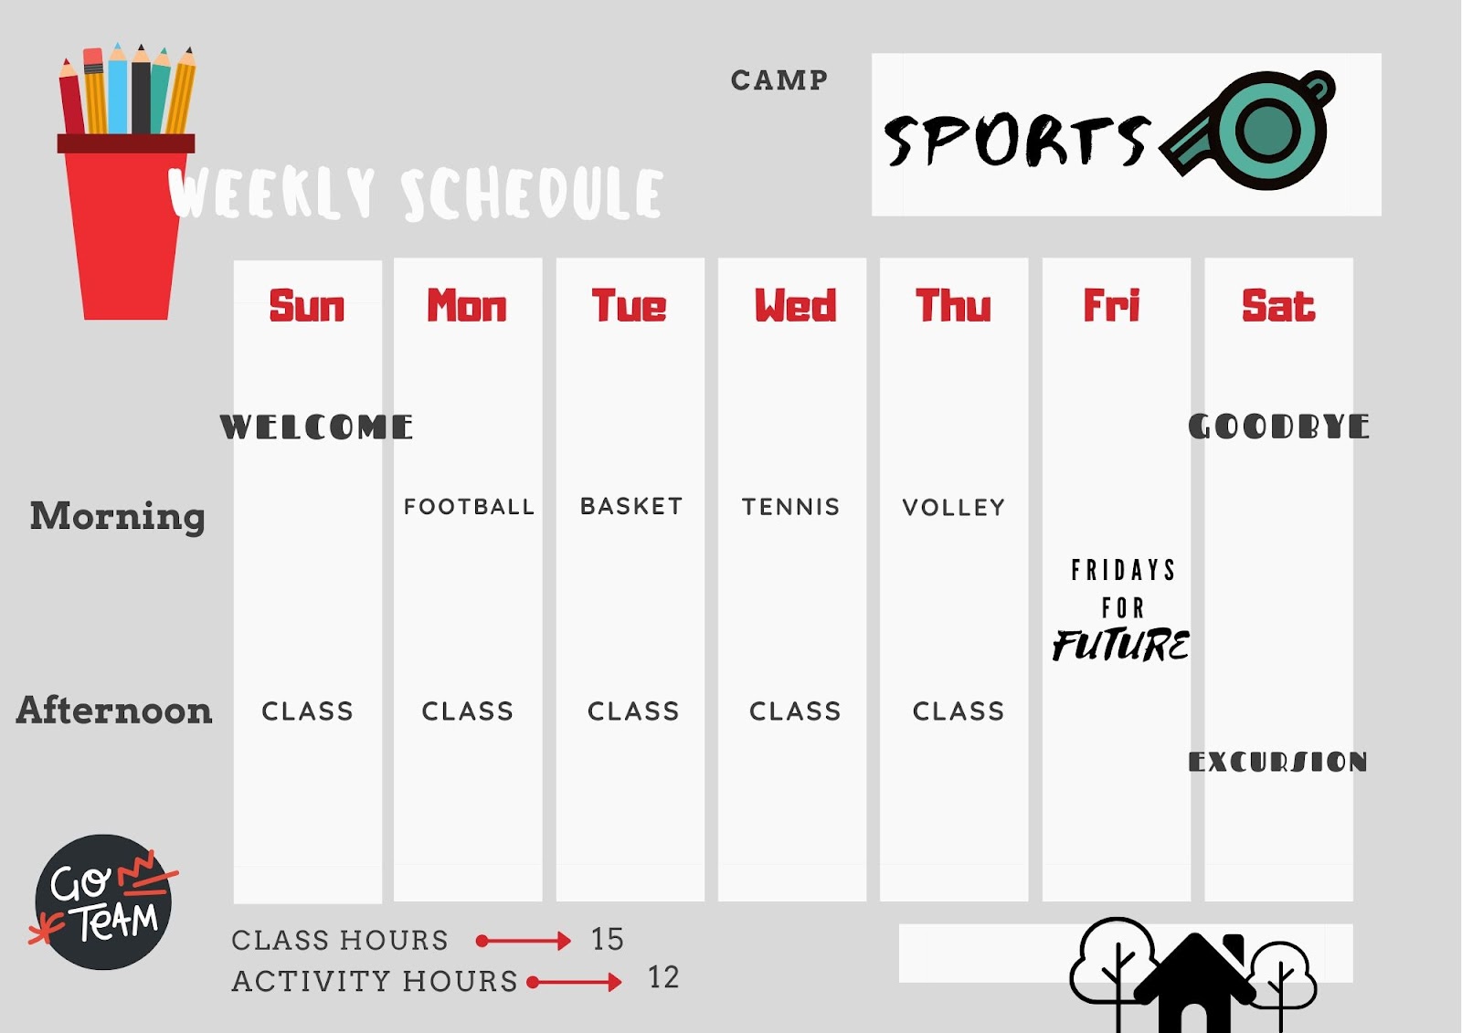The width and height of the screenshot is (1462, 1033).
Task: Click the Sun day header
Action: click(x=306, y=305)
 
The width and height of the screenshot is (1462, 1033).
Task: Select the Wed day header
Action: click(x=795, y=305)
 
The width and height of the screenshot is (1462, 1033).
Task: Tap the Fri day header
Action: click(x=1111, y=305)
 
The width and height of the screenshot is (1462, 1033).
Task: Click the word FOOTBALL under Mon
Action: click(x=469, y=506)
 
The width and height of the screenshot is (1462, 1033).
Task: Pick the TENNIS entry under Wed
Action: click(x=790, y=507)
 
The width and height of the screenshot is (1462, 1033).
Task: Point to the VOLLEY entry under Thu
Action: click(x=954, y=507)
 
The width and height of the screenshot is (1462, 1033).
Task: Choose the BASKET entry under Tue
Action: click(x=631, y=506)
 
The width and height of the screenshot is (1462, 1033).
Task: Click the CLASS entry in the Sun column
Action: click(x=307, y=711)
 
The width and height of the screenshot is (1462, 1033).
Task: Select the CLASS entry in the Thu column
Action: click(x=959, y=711)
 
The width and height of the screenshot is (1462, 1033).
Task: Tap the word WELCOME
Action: click(x=316, y=427)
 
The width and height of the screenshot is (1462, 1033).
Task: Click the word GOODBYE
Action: click(x=1278, y=427)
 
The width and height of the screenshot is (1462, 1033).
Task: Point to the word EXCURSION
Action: click(x=1277, y=762)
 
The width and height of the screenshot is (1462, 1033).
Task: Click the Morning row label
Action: click(x=118, y=517)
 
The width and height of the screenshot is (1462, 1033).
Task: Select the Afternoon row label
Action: click(x=114, y=710)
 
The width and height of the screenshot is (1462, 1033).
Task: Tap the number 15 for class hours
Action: click(x=607, y=939)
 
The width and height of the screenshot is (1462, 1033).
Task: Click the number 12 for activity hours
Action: click(x=663, y=977)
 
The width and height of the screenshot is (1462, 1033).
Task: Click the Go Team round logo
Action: click(x=103, y=901)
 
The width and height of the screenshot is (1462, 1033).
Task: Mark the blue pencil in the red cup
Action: click(x=118, y=90)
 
